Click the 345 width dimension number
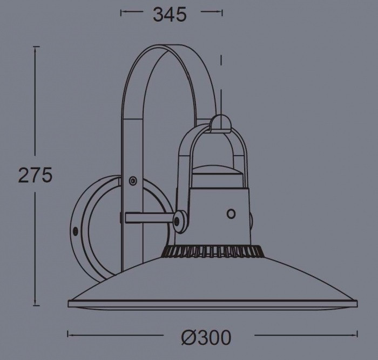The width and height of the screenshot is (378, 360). [170, 15]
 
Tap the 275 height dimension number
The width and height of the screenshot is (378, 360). [35, 175]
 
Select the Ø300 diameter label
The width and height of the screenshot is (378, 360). [206, 337]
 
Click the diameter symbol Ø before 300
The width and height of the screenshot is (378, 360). [190, 337]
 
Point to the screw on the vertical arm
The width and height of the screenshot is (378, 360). [133, 181]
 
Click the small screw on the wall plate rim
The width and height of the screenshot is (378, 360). [76, 231]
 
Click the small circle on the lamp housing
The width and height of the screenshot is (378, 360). [231, 214]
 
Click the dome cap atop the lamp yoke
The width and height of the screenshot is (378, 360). [220, 124]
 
